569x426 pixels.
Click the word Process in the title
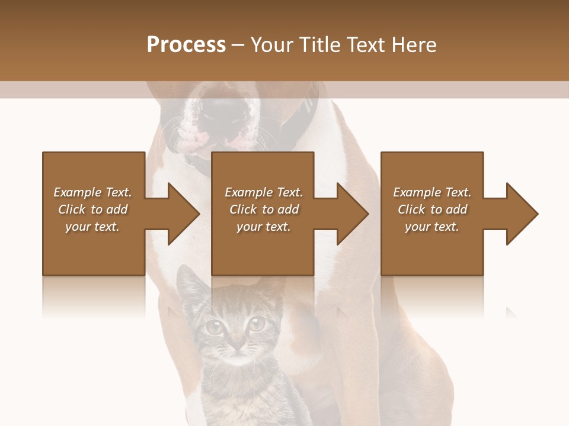(x=186, y=45)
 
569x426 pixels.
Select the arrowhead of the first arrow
(x=184, y=214)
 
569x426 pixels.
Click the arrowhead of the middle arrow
(x=353, y=214)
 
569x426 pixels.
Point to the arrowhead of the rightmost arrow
(x=522, y=214)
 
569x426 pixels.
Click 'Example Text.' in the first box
(x=92, y=192)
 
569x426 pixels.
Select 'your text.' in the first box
(x=92, y=227)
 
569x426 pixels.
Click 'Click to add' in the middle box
(x=264, y=209)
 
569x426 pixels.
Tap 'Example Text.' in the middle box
(x=264, y=192)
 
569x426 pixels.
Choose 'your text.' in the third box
(x=432, y=227)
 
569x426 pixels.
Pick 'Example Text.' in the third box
(x=432, y=192)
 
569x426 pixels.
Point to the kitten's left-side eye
(x=214, y=326)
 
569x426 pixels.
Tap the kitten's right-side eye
(x=257, y=323)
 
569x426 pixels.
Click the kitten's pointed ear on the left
(x=188, y=281)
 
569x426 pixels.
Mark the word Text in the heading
(x=366, y=45)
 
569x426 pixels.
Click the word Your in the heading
(x=272, y=45)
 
